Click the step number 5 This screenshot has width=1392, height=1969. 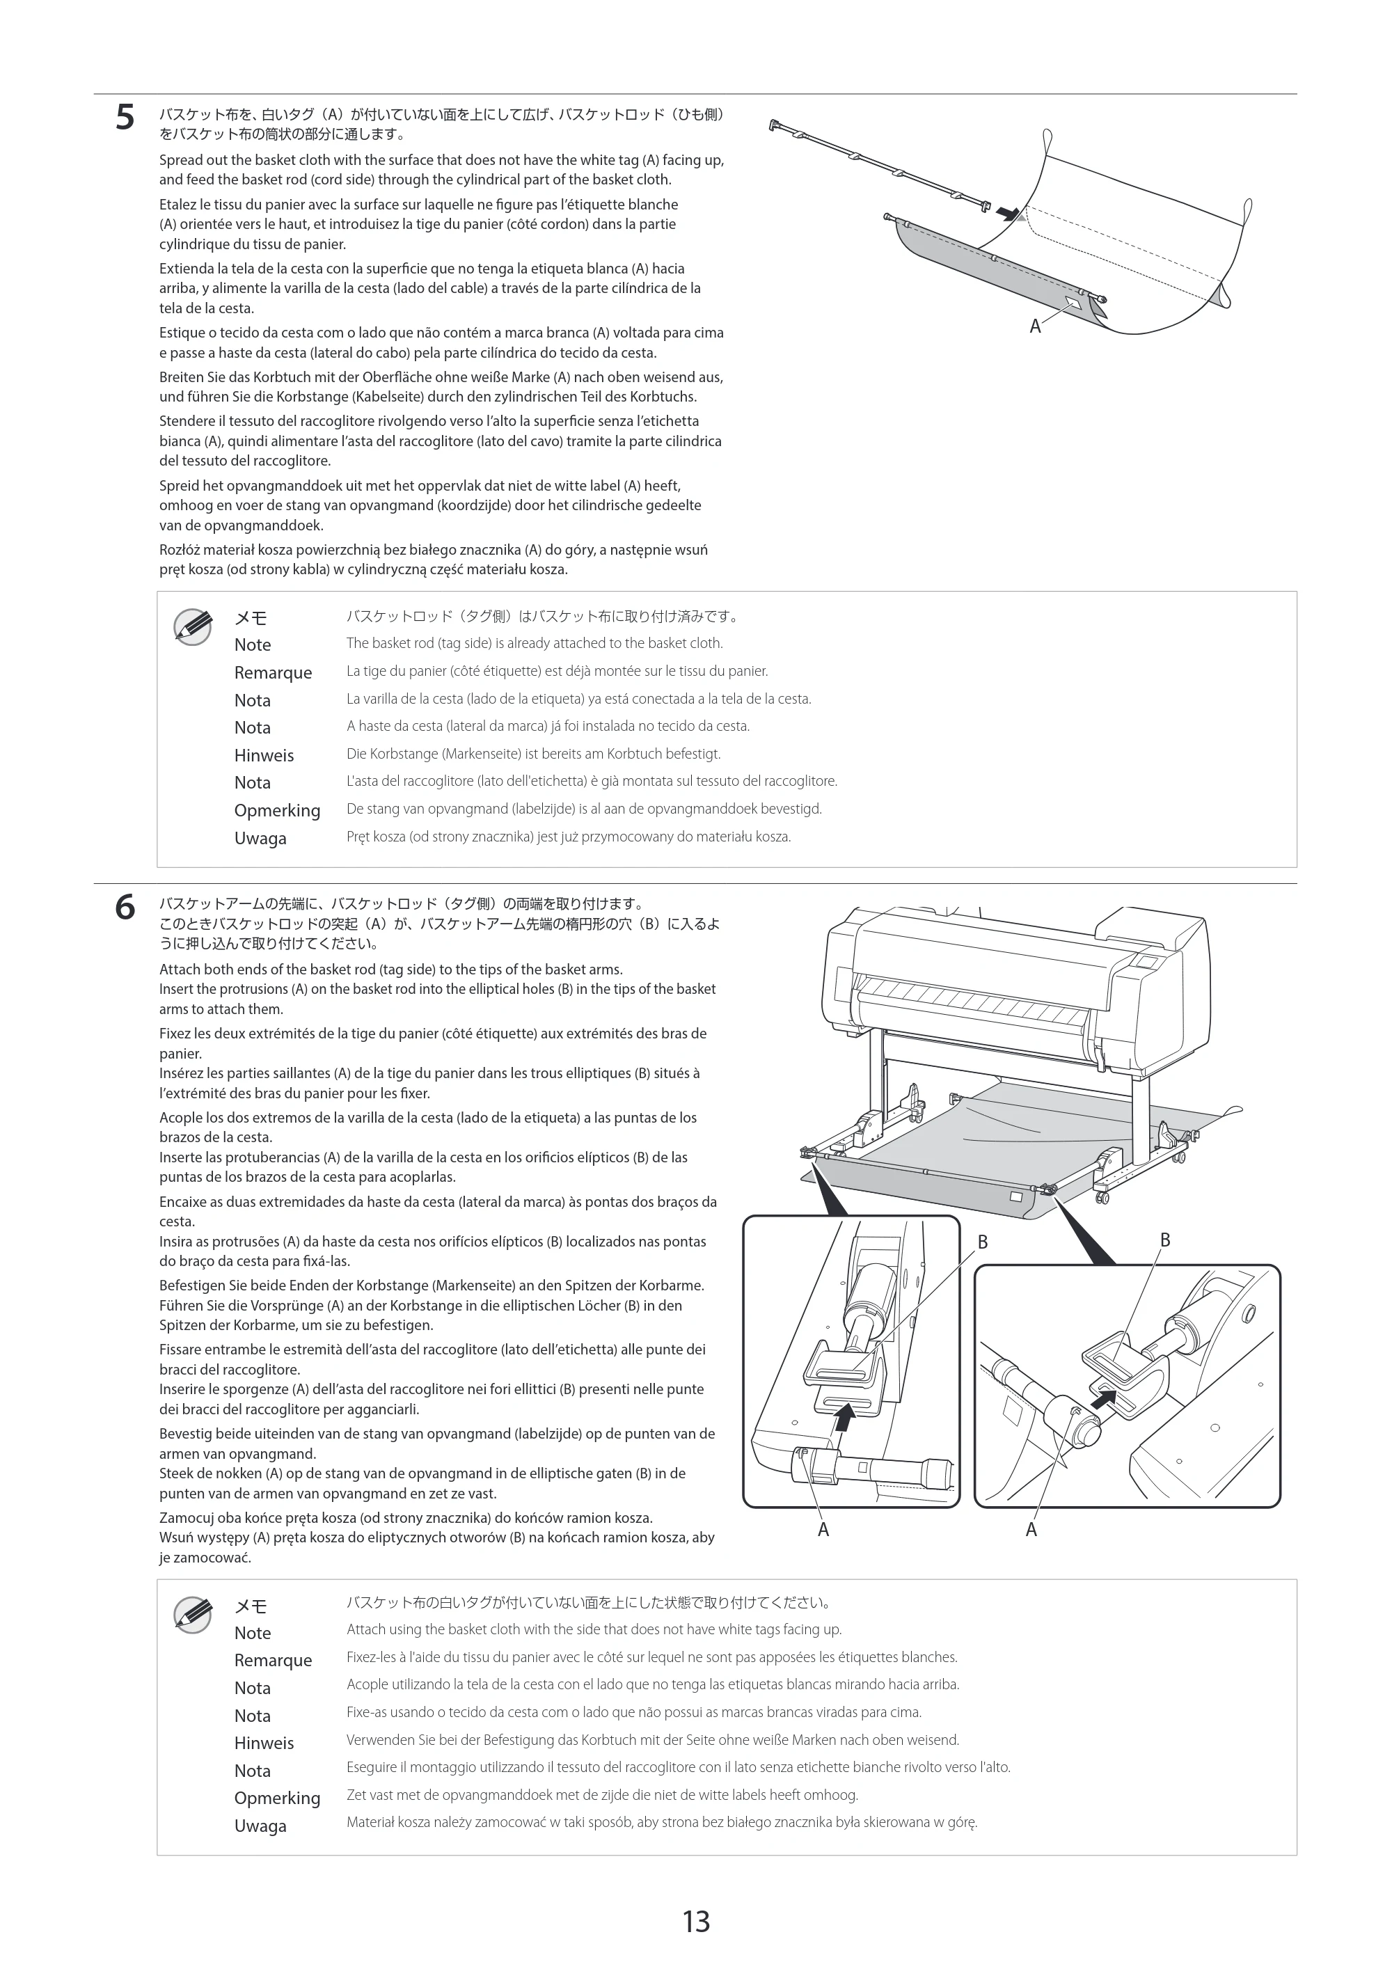coord(125,118)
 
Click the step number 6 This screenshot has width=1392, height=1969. coord(125,908)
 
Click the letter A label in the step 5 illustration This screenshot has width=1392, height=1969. coord(1035,326)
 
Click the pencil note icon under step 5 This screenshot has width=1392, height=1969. coord(193,627)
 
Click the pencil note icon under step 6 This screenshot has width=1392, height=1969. coord(193,1615)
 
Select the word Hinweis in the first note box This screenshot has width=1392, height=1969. coord(264,756)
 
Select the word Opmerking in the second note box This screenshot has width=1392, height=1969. coord(277,1798)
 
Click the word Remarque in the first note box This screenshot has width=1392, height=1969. coord(273,673)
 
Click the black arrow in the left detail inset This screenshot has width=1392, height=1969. coord(845,1420)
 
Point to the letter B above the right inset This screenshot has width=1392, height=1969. coord(1164,1240)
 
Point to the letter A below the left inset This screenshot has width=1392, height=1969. coord(823,1530)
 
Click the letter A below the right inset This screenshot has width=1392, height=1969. coord(1031,1530)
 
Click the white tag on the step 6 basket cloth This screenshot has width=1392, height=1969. coord(1016,1196)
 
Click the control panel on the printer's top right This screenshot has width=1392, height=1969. coord(1147,961)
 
